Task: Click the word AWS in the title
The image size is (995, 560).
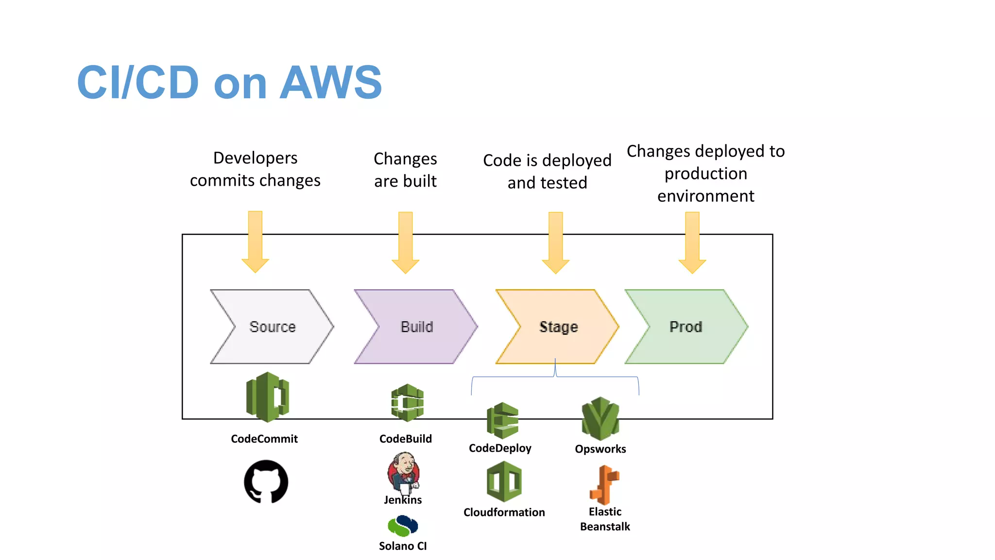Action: (331, 82)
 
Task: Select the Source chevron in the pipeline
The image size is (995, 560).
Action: (272, 327)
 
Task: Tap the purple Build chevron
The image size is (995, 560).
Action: (416, 327)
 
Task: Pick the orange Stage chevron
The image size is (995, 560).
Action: (558, 327)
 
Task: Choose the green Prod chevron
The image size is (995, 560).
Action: (686, 327)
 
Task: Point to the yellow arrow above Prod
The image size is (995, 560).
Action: (692, 243)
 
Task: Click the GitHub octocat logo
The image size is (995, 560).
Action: (266, 482)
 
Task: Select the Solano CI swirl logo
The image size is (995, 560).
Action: (403, 526)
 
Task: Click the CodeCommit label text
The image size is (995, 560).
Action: (264, 439)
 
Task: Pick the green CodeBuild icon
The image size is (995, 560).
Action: (408, 402)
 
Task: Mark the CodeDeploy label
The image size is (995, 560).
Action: (500, 448)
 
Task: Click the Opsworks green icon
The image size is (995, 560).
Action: (600, 419)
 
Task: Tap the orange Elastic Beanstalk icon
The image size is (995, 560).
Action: (604, 485)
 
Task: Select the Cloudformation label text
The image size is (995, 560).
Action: (504, 512)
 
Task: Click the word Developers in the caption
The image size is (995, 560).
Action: (255, 158)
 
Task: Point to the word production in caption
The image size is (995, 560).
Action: (705, 174)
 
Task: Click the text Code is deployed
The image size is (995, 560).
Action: (547, 160)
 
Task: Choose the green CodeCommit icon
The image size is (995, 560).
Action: (267, 397)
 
